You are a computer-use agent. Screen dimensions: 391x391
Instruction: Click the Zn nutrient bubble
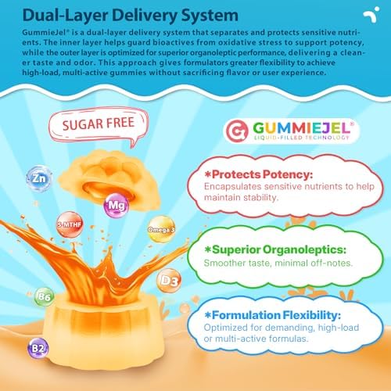click(39, 179)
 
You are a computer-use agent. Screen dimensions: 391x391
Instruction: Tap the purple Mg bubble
click(117, 206)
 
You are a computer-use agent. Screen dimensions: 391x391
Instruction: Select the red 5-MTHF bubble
click(70, 224)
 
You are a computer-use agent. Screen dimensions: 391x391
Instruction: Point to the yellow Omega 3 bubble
click(161, 229)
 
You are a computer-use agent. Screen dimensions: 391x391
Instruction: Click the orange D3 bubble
click(170, 281)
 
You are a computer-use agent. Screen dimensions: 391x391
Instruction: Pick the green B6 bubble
click(45, 296)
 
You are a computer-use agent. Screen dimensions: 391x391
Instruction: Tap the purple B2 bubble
click(38, 349)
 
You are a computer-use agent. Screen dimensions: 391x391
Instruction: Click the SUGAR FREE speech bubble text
click(99, 124)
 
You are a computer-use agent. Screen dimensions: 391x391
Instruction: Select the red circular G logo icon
click(237, 130)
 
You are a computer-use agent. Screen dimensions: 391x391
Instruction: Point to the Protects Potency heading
click(259, 174)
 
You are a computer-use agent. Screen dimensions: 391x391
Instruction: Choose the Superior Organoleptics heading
click(275, 249)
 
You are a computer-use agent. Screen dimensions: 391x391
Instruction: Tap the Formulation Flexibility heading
click(273, 315)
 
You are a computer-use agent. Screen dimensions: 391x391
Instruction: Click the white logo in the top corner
click(371, 15)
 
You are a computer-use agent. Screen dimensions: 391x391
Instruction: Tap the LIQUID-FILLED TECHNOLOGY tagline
click(302, 138)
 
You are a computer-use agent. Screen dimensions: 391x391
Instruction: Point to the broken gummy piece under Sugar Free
click(108, 180)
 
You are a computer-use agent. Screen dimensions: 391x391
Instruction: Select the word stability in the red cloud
click(261, 198)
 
